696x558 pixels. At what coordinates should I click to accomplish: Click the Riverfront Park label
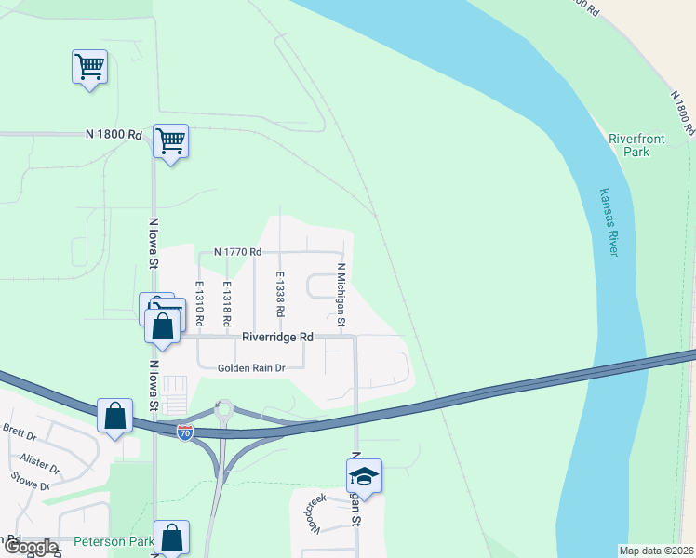click(636, 145)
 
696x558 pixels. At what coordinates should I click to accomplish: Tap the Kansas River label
click(606, 223)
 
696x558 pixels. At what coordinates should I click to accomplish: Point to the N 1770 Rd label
click(238, 252)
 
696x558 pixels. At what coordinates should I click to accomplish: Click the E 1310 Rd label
click(199, 303)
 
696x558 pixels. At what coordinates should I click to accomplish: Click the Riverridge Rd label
click(278, 338)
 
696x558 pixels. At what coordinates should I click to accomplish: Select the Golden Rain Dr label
click(250, 368)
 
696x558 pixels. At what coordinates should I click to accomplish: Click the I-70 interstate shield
click(185, 432)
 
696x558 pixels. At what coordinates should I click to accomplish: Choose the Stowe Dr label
click(31, 485)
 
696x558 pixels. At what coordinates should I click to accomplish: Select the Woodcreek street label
click(313, 512)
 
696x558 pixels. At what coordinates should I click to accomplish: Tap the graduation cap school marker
click(364, 477)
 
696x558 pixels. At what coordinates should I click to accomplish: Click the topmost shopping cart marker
click(90, 66)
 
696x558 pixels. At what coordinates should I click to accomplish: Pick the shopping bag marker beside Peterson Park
click(171, 537)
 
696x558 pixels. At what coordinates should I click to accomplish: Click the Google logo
click(30, 547)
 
